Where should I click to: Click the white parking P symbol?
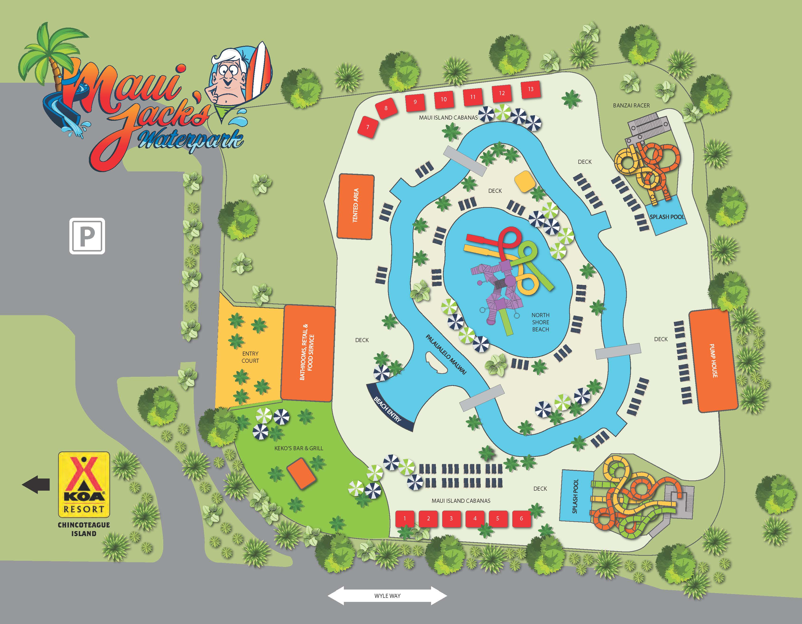87,236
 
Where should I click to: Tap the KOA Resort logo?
84,484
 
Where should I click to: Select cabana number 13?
531,89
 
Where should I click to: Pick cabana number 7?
368,127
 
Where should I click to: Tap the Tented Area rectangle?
355,206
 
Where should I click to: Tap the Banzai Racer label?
631,105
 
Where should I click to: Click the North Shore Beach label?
541,322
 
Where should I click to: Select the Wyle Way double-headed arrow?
387,596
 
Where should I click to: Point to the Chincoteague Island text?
84,529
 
